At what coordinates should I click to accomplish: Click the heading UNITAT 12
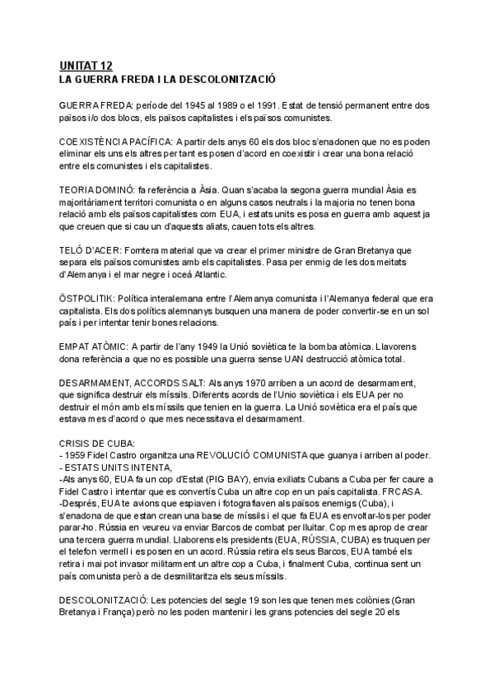point(86,66)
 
